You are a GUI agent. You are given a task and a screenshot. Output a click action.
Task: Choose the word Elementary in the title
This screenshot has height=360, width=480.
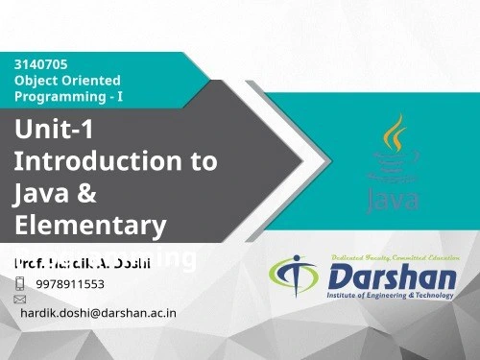(90, 226)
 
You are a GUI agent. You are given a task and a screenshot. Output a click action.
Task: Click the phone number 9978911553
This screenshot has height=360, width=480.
(70, 284)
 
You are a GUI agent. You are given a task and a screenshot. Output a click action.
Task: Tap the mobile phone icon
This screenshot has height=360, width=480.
(20, 283)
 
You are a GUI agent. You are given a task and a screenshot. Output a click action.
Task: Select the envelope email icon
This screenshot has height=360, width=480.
(19, 300)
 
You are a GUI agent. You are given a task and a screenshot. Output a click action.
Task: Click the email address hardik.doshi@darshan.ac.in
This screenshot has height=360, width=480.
(99, 313)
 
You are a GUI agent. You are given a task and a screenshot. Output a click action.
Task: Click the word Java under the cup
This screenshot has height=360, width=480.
(393, 200)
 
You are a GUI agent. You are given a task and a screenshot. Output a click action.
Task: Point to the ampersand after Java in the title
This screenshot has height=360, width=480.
(86, 193)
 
